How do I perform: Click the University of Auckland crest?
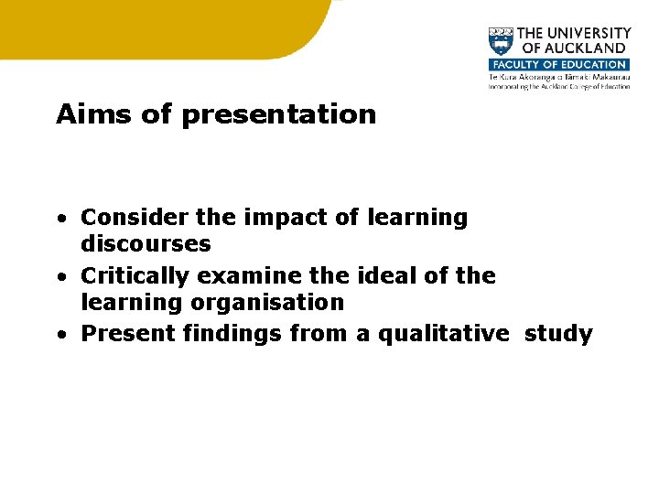502,42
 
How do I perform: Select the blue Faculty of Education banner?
558,65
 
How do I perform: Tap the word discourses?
146,244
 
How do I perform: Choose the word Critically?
138,275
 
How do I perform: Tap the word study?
558,334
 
